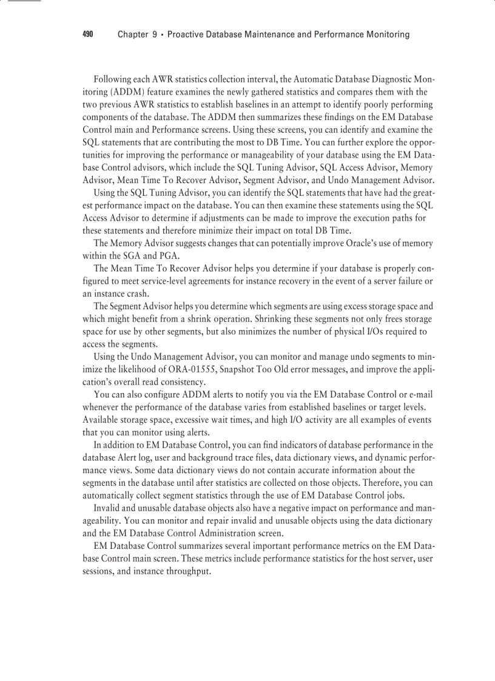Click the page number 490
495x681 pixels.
(x=87, y=35)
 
